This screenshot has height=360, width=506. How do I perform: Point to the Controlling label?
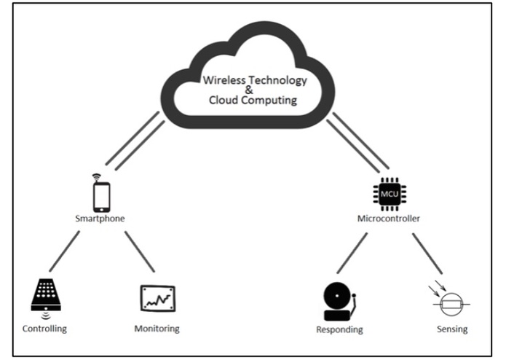point(44,328)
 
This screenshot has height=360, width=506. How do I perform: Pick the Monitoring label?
point(157,328)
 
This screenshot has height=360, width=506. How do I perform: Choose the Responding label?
point(341,329)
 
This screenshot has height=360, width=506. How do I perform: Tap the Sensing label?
point(448,329)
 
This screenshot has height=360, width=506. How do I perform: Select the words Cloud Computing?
point(250,101)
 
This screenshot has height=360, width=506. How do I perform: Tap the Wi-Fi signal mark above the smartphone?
point(94,177)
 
